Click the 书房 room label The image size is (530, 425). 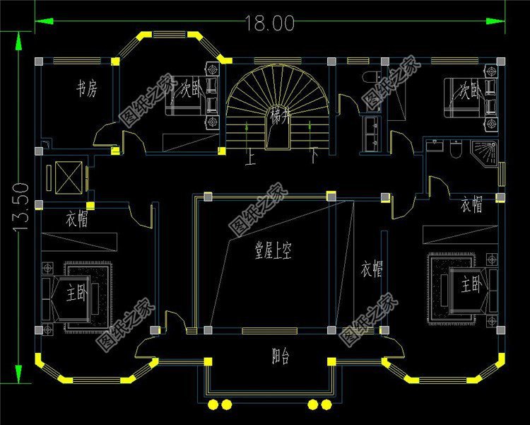tap(87, 89)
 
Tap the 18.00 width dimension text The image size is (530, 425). tap(269, 23)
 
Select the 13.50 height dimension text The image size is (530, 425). tap(21, 209)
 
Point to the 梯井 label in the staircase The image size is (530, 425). tap(278, 117)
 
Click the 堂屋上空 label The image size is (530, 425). tap(273, 250)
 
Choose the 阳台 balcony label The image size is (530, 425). tap(281, 356)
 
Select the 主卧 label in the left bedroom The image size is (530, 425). tap(76, 291)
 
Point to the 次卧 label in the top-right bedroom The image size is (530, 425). tap(469, 91)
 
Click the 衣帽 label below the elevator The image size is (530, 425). tap(77, 220)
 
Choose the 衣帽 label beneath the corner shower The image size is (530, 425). tap(471, 206)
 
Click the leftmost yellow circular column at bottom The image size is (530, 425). tap(214, 404)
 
